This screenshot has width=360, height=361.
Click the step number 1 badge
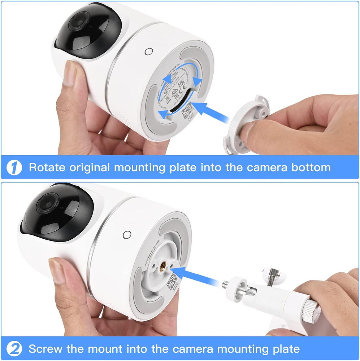point(14,168)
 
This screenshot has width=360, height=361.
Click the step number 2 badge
point(14,349)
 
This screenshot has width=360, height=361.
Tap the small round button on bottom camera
point(126,235)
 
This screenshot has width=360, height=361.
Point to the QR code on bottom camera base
point(171,282)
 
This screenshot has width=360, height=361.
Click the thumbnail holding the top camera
point(71,73)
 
